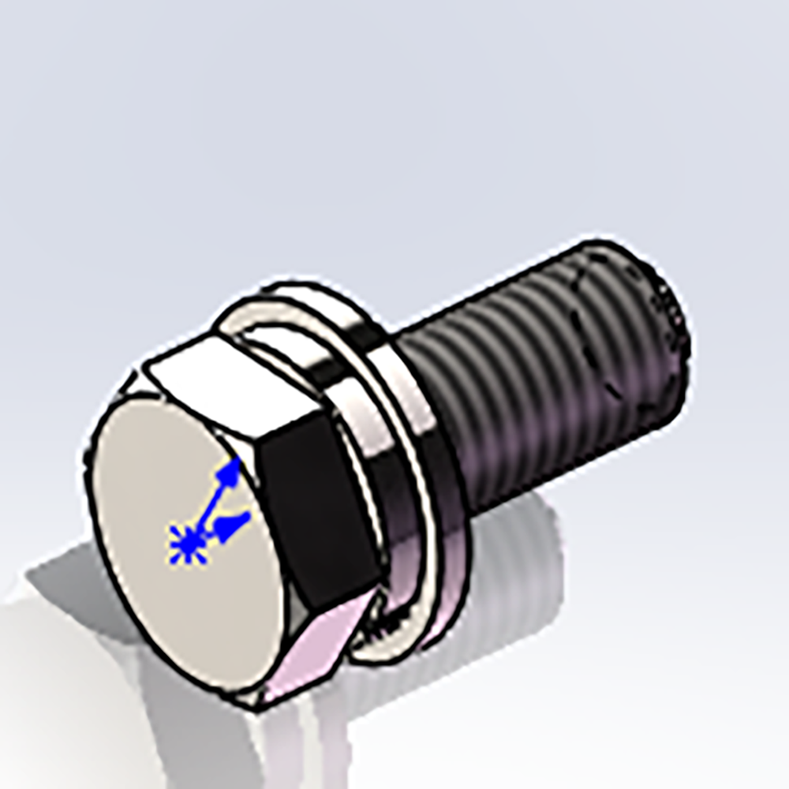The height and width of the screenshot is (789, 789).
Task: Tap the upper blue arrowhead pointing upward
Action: (x=230, y=473)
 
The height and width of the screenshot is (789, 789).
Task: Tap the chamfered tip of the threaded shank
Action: (x=671, y=316)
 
